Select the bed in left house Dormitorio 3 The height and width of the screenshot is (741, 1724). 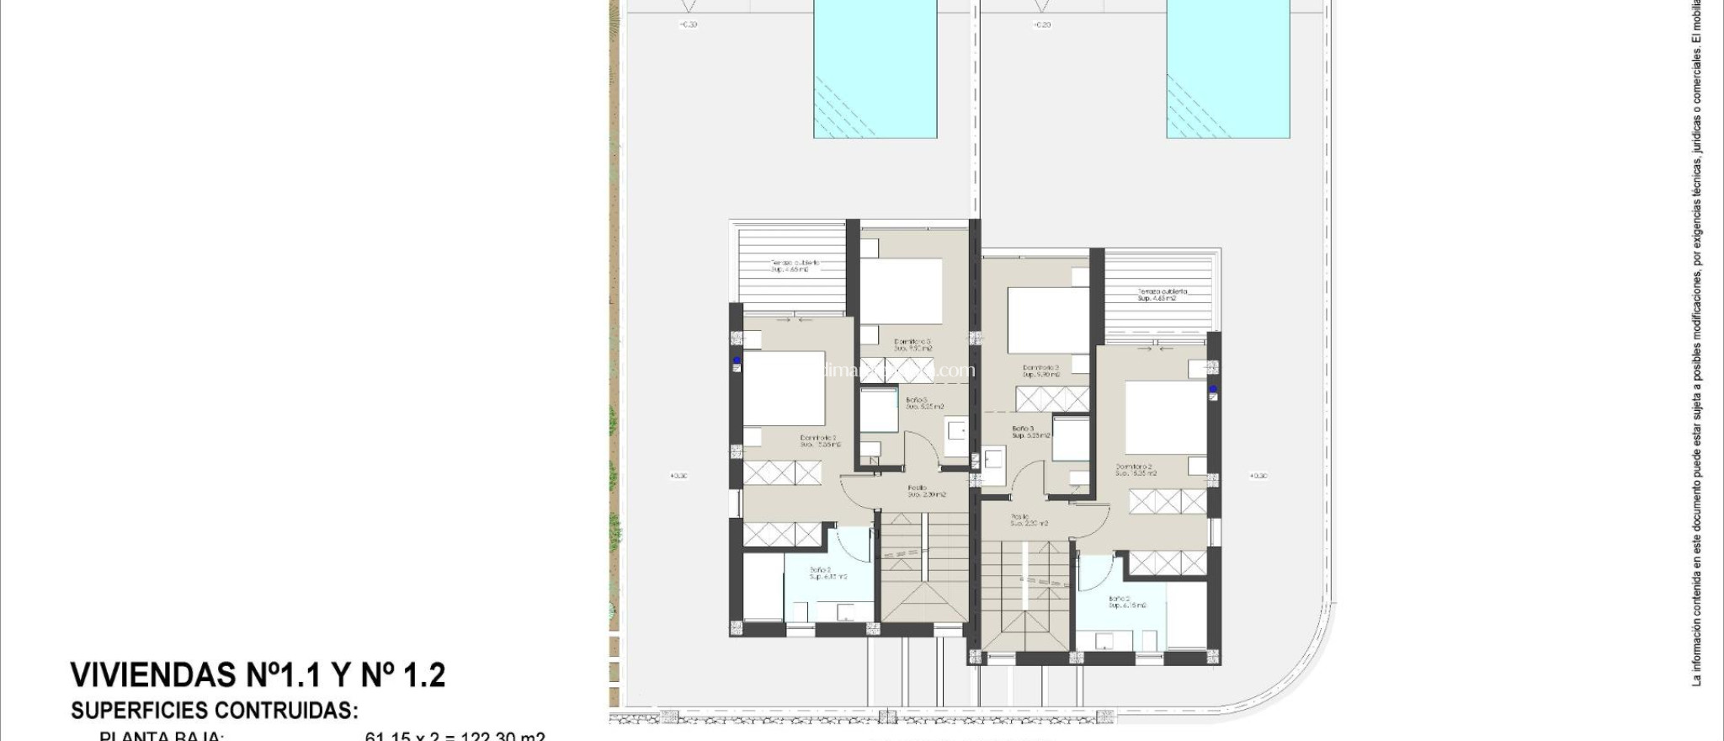click(900, 291)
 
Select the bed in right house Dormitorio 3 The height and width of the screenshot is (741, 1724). click(1042, 321)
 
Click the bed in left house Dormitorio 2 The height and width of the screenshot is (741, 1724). click(784, 388)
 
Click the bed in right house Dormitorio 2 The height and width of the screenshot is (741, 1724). click(1166, 418)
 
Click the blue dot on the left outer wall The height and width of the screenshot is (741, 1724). click(737, 360)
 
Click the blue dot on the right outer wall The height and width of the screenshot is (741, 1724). click(1213, 389)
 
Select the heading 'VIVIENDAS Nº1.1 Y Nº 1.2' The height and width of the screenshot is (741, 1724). click(258, 675)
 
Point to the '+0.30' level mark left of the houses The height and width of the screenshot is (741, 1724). click(678, 476)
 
